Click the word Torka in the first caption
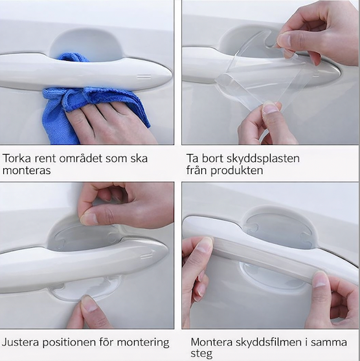(17, 159)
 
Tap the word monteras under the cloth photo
(27, 171)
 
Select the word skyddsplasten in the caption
(263, 159)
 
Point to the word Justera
(20, 342)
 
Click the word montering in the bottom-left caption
(143, 343)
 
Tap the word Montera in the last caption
(211, 342)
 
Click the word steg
(201, 354)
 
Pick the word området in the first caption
(81, 158)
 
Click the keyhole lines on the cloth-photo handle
(144, 76)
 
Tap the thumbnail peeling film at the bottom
(269, 108)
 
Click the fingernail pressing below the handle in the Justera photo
(89, 303)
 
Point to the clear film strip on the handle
(269, 253)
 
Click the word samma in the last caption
(329, 342)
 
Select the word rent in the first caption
(45, 159)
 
